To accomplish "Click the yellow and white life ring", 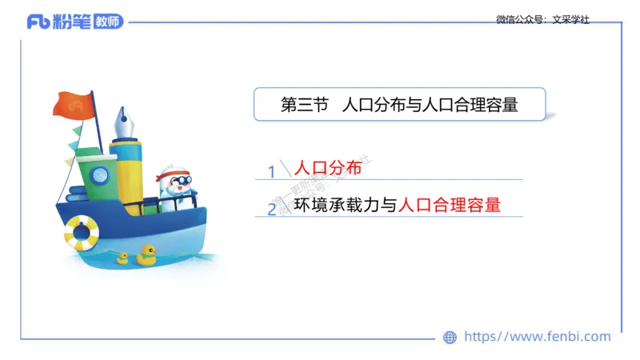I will pyautogui.click(x=81, y=231).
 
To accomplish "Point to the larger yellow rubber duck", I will pyautogui.click(x=146, y=254).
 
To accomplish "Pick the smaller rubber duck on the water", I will pyautogui.click(x=122, y=258).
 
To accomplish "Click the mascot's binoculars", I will pyautogui.click(x=178, y=181).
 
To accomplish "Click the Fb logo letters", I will pyautogui.click(x=38, y=22).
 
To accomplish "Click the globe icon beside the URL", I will pyautogui.click(x=450, y=338).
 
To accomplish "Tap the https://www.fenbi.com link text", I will pyautogui.click(x=537, y=337).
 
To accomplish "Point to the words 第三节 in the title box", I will pyautogui.click(x=306, y=105).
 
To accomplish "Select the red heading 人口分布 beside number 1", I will pyautogui.click(x=328, y=168).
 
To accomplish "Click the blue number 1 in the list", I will pyautogui.click(x=272, y=171).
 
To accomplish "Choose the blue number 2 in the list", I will pyautogui.click(x=272, y=209).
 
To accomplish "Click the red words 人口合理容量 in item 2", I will pyautogui.click(x=449, y=205).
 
